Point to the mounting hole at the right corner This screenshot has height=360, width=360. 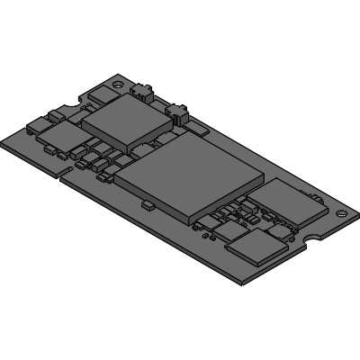340,214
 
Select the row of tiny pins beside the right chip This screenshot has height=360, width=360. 315,194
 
